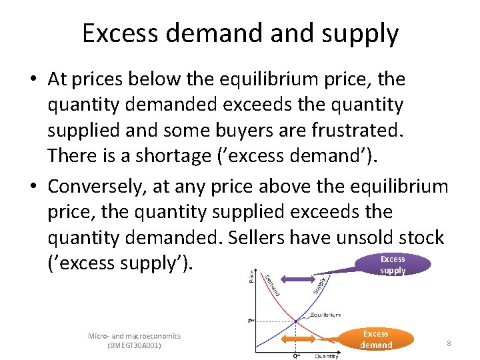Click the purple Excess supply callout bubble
[393, 265]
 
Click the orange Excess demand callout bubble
[376, 339]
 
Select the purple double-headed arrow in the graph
[296, 277]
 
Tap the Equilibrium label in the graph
[325, 315]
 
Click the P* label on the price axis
[250, 321]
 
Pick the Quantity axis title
[327, 355]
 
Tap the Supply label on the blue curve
[320, 285]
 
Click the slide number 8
[449, 343]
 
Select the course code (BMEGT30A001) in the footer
[134, 346]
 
